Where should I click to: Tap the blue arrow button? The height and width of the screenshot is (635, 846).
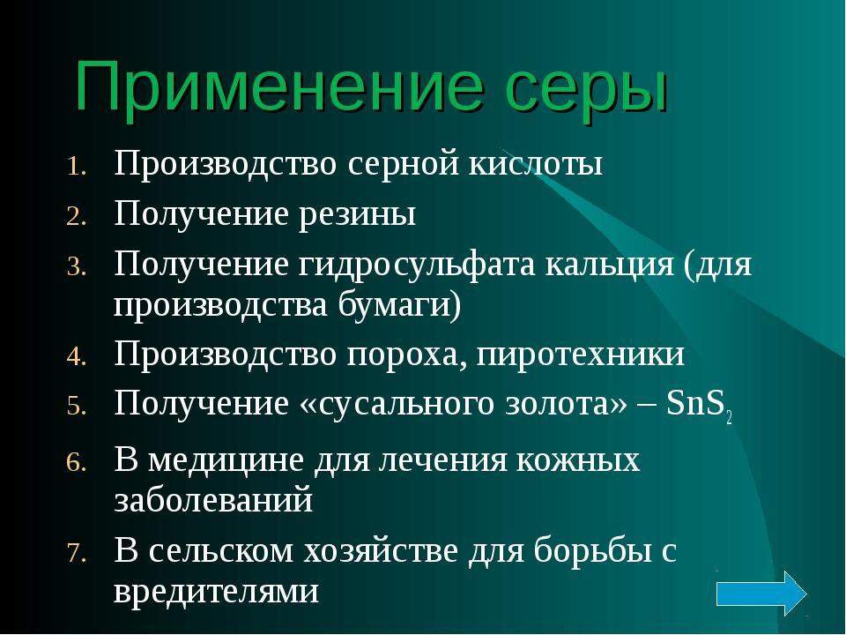[x=761, y=594]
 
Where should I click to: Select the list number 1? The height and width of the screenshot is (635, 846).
[x=77, y=167]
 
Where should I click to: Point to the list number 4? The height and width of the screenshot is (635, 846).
[x=77, y=357]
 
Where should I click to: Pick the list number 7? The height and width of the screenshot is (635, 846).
[x=77, y=553]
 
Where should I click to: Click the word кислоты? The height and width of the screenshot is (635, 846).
[x=535, y=164]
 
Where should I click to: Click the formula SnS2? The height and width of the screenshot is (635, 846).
[x=699, y=405]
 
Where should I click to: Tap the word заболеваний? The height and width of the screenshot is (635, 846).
[x=213, y=499]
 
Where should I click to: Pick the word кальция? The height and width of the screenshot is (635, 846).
[x=609, y=266]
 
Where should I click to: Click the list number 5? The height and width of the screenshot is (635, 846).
[x=77, y=407]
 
